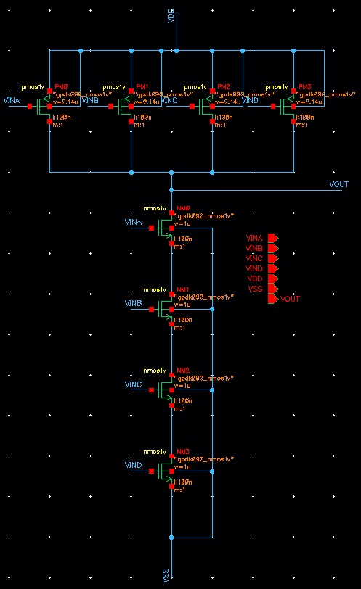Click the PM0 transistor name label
tap(61, 86)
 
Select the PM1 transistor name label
tap(142, 86)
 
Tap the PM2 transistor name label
tap(224, 86)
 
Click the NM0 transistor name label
tap(182, 207)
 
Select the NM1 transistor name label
tap(182, 289)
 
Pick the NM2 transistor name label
tap(182, 370)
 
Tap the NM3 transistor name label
tap(182, 451)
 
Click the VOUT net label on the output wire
tap(339, 185)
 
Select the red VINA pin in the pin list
tap(273, 238)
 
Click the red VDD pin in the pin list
tap(273, 279)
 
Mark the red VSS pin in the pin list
tap(273, 289)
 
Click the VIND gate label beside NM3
tap(134, 465)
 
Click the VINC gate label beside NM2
tap(134, 384)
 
